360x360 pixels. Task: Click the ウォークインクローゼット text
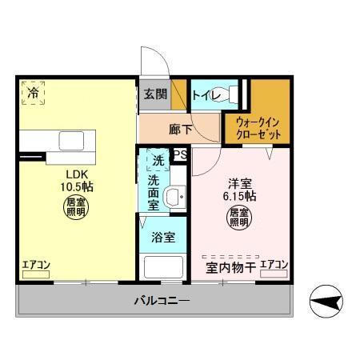(258, 128)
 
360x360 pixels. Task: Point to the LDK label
(77, 174)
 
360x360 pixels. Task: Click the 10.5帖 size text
(77, 188)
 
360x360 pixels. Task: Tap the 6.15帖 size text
(239, 195)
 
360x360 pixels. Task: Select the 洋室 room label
(238, 182)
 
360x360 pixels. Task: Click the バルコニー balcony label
(162, 302)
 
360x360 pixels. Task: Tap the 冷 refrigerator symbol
(33, 93)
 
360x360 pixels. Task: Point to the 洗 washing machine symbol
(158, 161)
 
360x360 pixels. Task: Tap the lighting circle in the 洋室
(239, 218)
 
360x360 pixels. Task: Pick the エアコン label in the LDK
(37, 265)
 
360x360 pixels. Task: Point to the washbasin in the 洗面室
(174, 196)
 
